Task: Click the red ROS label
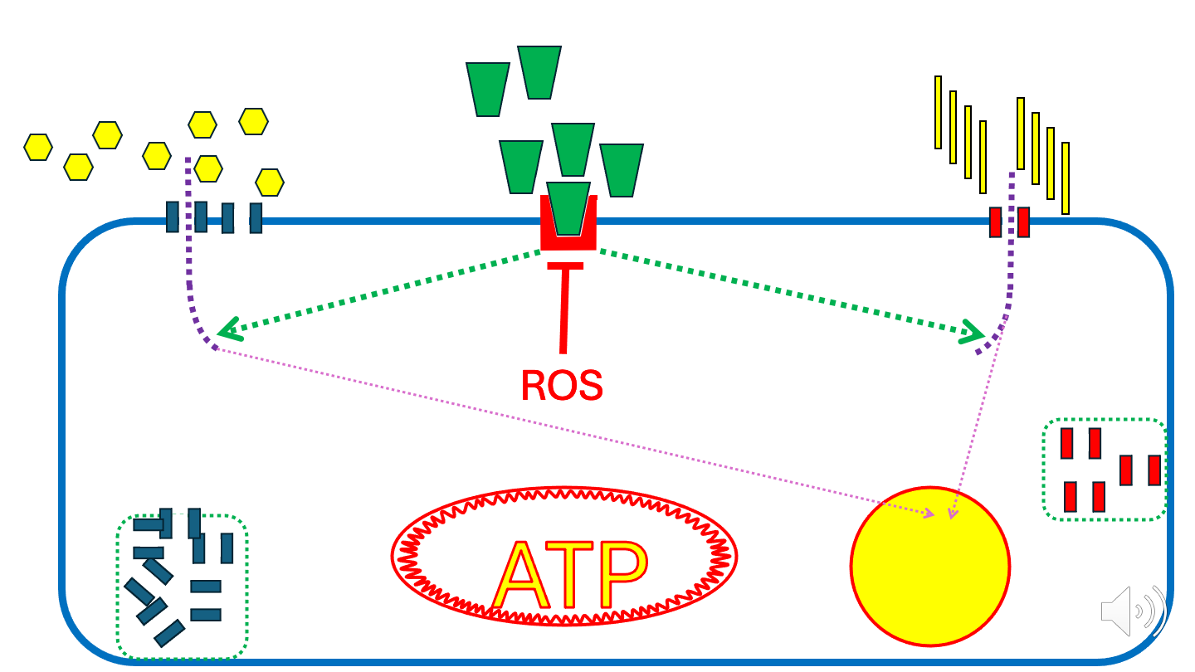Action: pos(561,385)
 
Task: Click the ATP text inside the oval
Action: pos(569,576)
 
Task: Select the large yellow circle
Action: pos(929,567)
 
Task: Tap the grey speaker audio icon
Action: pos(1132,612)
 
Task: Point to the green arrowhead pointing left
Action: pos(227,331)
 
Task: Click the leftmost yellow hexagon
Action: pos(38,147)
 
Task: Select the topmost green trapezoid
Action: pos(539,72)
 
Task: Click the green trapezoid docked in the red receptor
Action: pos(569,207)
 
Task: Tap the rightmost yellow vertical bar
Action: pos(1066,178)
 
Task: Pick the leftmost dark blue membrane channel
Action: pos(173,217)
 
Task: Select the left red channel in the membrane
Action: pos(995,222)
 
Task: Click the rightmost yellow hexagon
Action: pos(270,182)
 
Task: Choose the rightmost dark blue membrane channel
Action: pos(256,218)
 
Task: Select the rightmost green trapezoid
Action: pos(622,170)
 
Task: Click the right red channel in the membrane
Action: pos(1023,222)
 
